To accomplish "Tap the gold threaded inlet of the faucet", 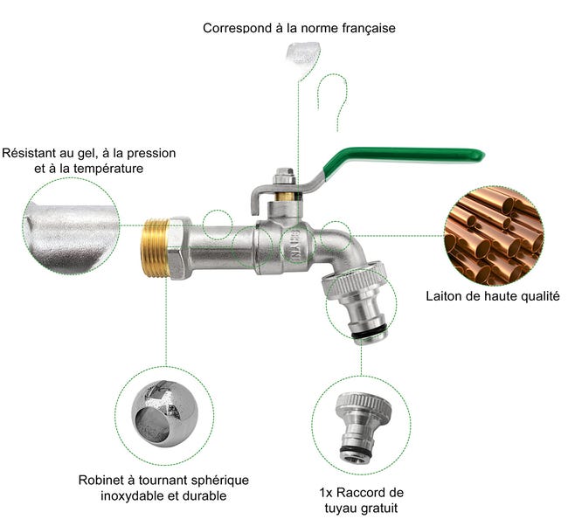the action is (x=155, y=247).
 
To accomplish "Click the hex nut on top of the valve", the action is (x=284, y=176).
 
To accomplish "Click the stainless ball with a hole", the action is (x=165, y=414).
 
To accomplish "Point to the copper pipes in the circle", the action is (x=494, y=236).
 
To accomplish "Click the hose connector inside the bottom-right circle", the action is (x=363, y=428).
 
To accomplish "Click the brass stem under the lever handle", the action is (x=285, y=196).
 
